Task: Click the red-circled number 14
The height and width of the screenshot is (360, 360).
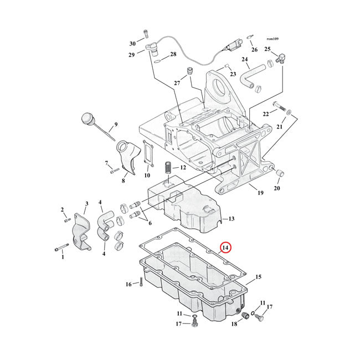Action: pos(225,249)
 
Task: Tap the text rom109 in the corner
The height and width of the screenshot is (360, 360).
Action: pos(272,39)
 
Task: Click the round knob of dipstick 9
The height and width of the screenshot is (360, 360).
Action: pos(88,119)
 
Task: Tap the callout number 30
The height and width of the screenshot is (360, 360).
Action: pos(132,44)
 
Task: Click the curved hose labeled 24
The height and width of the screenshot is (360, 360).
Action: pos(258,78)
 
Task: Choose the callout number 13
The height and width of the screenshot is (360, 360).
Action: pos(231,219)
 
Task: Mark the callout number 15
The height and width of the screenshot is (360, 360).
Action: pos(258,276)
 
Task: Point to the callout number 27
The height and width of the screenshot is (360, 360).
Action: pos(177,83)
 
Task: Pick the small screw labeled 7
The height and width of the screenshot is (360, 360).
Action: pos(115,170)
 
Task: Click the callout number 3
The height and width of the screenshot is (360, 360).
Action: pos(86,204)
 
